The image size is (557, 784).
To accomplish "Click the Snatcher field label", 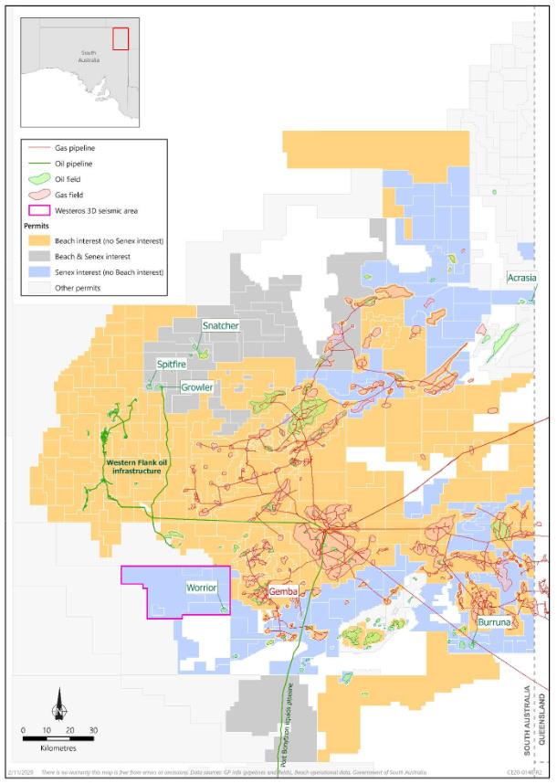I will (220, 325).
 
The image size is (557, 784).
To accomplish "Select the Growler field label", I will (196, 387).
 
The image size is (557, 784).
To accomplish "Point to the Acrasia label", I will (522, 277).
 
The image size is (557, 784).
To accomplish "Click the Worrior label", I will (201, 587).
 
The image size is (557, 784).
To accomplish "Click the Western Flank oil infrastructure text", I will (137, 467).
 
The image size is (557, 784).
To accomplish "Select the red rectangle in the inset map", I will (121, 38).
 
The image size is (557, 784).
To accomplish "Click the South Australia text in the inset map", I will (89, 57).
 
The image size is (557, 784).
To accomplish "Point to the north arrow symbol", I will (58, 704).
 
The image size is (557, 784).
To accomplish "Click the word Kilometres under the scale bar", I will (58, 747).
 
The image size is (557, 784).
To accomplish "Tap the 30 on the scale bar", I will (92, 730).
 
